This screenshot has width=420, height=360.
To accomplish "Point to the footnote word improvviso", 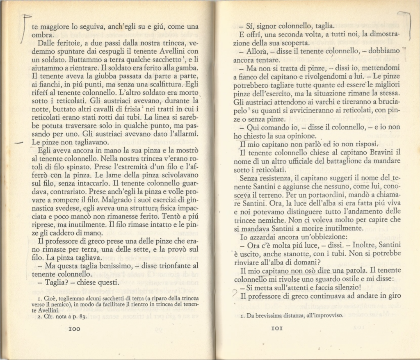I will tap(323, 316).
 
